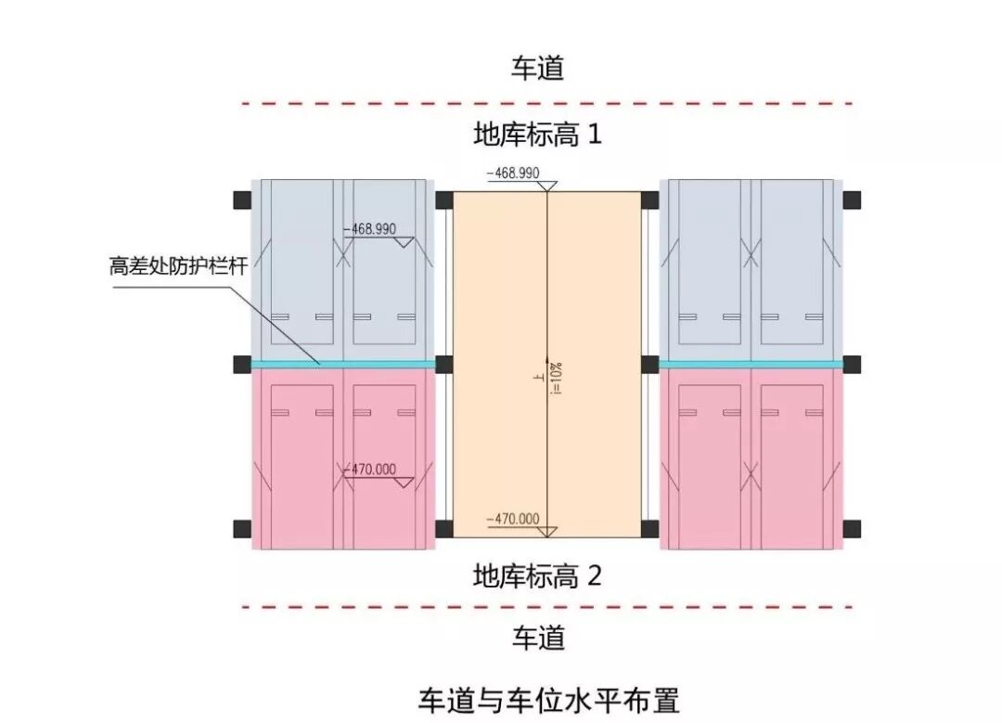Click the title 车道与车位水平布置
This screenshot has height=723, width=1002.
[538, 698]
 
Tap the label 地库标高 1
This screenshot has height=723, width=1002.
[538, 136]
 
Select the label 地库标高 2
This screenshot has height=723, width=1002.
[538, 576]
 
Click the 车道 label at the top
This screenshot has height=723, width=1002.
[538, 68]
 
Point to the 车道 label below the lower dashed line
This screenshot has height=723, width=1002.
[538, 638]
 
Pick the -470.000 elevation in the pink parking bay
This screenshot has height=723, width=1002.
[369, 470]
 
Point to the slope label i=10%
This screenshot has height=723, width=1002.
[559, 379]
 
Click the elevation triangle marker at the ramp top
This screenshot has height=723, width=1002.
[547, 187]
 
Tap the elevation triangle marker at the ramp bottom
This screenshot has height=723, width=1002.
[547, 531]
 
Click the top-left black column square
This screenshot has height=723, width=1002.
[242, 200]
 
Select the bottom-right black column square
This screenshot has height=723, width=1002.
[852, 529]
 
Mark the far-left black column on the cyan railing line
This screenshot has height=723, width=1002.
[242, 363]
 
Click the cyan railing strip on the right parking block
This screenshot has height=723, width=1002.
[751, 364]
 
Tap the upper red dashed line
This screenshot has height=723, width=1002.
[547, 103]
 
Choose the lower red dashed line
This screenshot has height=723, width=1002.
[547, 607]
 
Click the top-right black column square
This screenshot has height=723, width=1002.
[852, 200]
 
